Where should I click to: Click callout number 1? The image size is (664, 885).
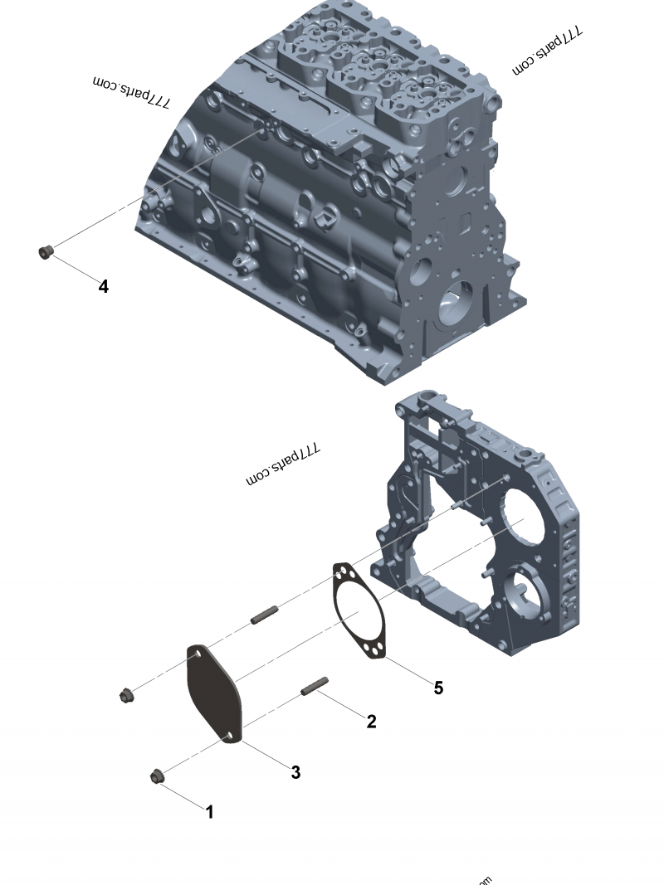[x=210, y=812]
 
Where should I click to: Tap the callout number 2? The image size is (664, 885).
[x=371, y=722]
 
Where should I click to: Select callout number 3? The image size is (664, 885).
[x=295, y=772]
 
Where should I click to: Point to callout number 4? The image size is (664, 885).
[x=103, y=287]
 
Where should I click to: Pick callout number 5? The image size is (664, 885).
[x=438, y=688]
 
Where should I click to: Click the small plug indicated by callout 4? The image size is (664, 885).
[x=46, y=250]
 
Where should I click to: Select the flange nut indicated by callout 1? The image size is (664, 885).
[x=156, y=777]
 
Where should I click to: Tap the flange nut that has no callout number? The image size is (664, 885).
[x=126, y=695]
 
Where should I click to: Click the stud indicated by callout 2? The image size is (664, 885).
[x=315, y=686]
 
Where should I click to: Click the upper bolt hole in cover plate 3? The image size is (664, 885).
[x=198, y=655]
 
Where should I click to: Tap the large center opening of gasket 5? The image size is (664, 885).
[x=359, y=614]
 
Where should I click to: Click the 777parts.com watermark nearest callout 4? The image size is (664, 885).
[x=131, y=92]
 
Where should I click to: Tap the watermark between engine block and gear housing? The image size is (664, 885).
[x=283, y=465]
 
